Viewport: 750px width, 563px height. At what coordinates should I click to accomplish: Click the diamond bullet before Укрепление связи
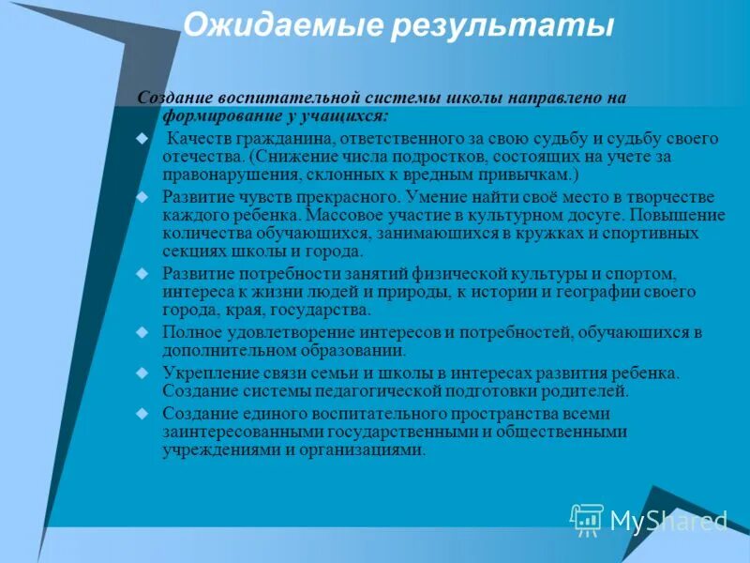pos(142,372)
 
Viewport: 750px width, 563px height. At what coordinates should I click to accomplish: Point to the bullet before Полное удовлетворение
pos(142,332)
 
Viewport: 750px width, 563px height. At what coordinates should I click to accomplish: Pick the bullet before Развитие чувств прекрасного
pos(142,197)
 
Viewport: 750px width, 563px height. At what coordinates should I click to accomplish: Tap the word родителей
pos(585,390)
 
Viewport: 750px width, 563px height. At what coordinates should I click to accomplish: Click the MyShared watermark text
pos(668,520)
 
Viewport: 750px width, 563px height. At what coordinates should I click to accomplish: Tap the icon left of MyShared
pos(587,519)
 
